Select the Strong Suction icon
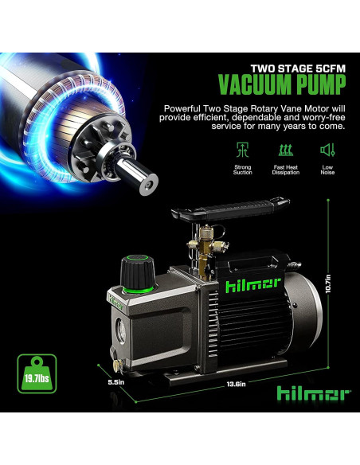point(242,149)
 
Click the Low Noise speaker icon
point(327,149)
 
